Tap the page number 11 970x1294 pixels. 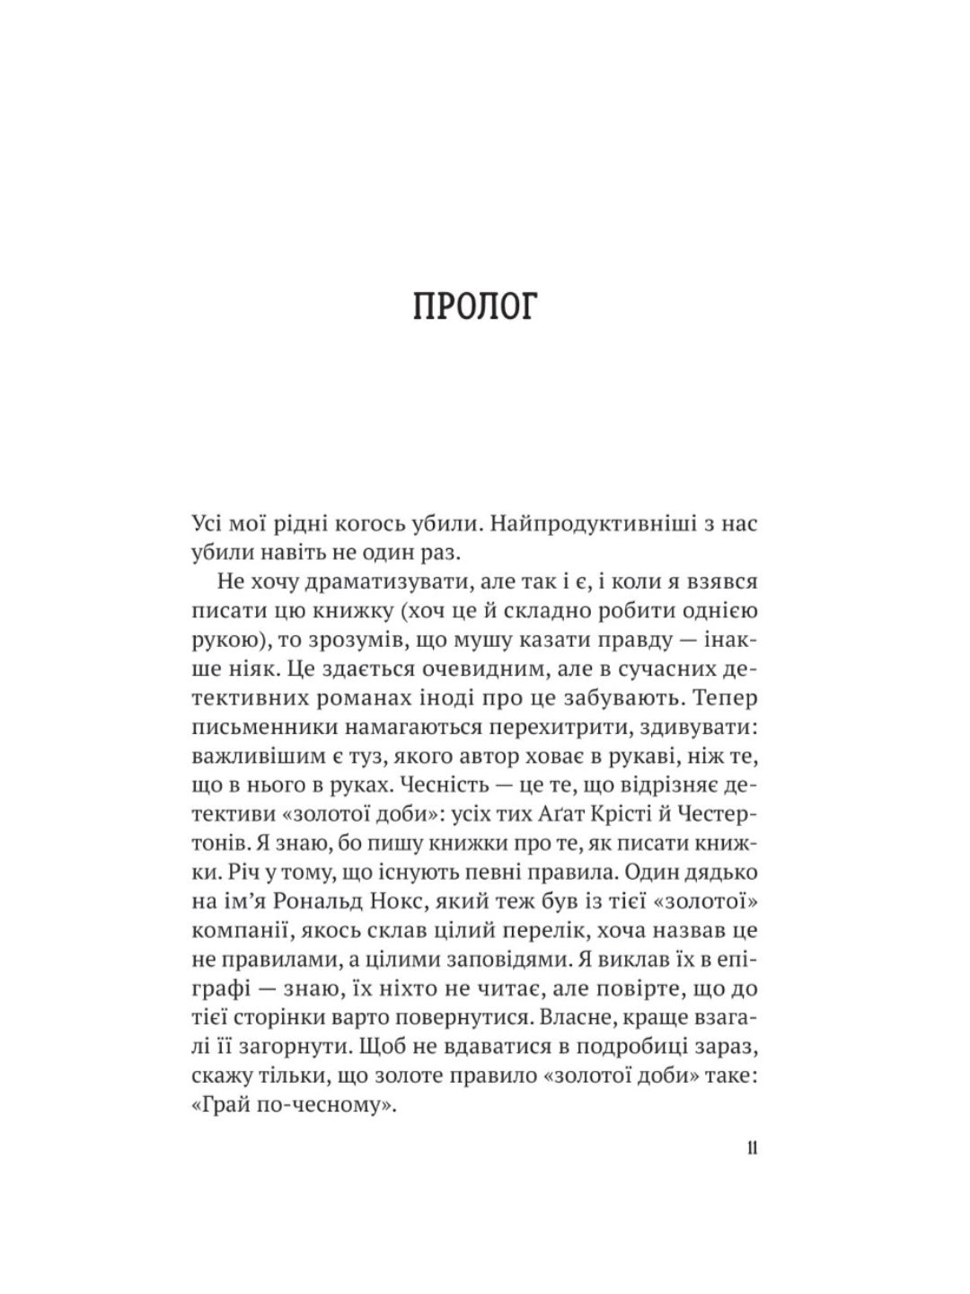click(751, 1148)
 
